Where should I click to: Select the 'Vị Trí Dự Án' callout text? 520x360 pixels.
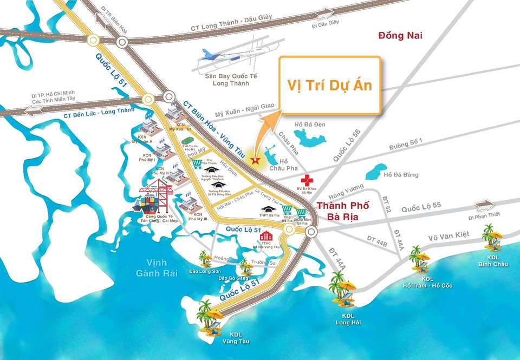329,86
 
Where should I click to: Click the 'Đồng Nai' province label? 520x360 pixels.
400,36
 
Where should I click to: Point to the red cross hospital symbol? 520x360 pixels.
308,180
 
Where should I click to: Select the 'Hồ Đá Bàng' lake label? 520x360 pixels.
401,174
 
